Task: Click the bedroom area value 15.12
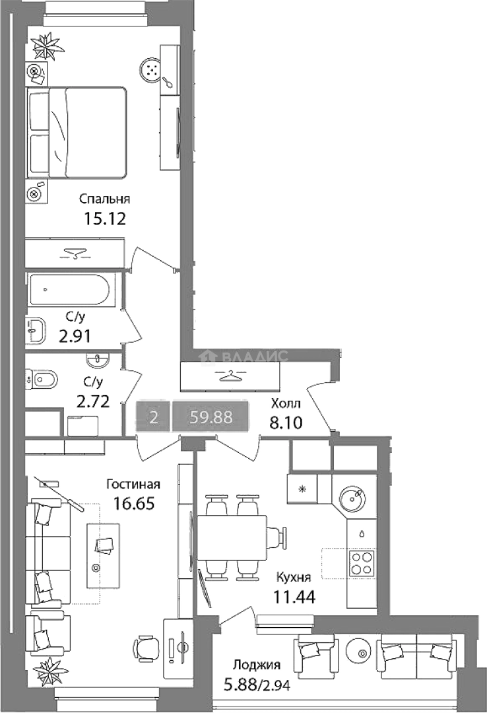104,219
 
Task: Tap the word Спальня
104,199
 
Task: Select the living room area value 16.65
134,504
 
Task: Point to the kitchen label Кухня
294,578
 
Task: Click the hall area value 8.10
286,423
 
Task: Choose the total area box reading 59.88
211,417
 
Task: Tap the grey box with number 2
154,417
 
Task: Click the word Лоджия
257,665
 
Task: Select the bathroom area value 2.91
75,336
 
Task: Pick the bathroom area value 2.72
93,401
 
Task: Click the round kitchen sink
352,498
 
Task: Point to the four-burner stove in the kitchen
362,563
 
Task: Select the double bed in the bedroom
77,132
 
